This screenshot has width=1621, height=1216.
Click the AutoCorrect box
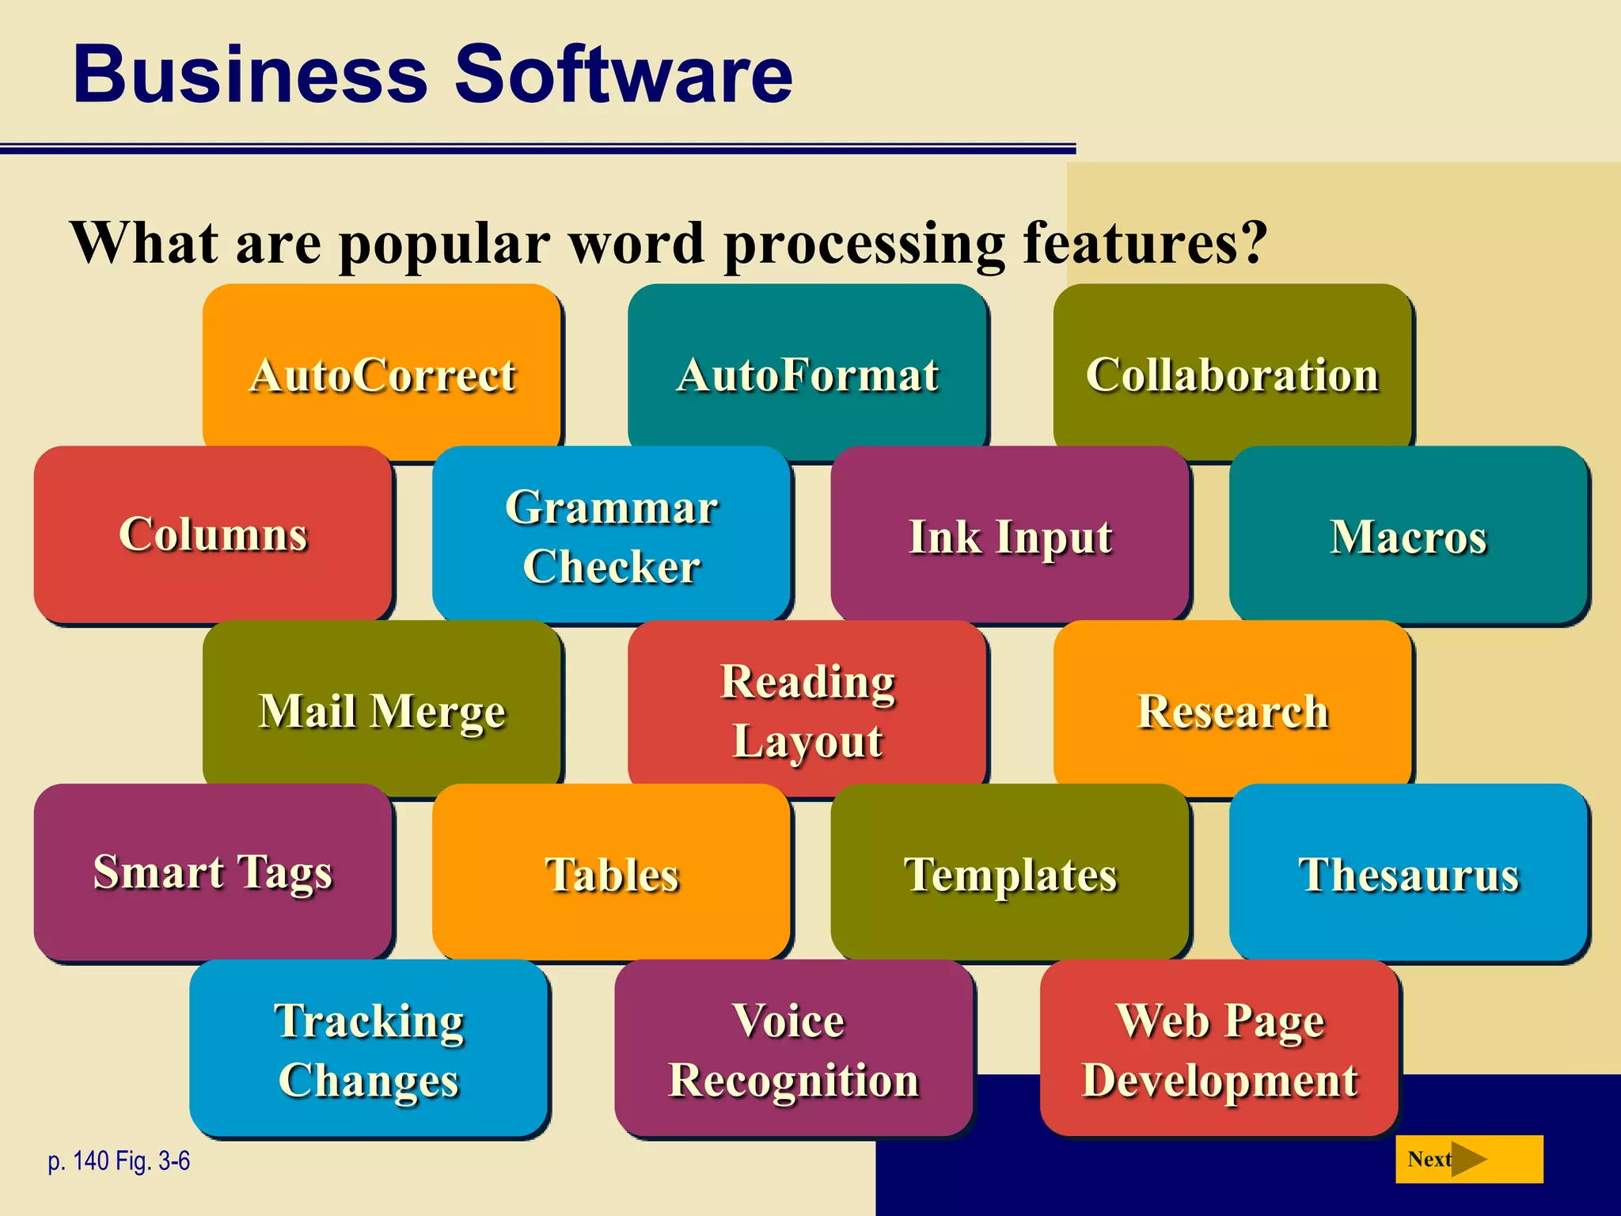tap(382, 374)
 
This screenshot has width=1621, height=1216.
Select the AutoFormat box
tap(807, 374)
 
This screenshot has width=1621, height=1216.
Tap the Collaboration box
tap(1232, 374)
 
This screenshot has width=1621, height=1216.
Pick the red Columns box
tap(213, 534)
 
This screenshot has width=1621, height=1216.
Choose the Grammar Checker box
tap(611, 535)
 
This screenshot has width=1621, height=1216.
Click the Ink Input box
tap(1010, 535)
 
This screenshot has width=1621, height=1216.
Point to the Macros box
tap(1408, 535)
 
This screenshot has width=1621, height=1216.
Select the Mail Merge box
tap(382, 709)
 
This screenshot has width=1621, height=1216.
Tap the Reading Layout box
tap(807, 709)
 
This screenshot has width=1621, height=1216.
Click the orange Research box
tap(1232, 709)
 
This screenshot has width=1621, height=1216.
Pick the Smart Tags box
tap(213, 872)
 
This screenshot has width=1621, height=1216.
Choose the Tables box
tap(611, 873)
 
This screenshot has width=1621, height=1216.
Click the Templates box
tap(1010, 873)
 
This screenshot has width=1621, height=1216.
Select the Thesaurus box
tap(1408, 873)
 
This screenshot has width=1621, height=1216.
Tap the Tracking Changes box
tap(369, 1049)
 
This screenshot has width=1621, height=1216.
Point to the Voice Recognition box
tap(794, 1049)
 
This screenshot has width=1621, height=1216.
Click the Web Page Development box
tap(1220, 1049)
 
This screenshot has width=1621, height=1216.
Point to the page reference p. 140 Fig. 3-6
tap(119, 1161)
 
